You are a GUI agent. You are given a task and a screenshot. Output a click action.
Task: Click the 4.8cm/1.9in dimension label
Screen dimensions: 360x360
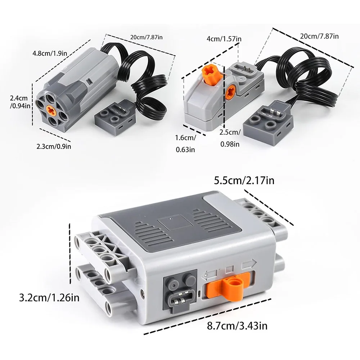(x=50, y=53)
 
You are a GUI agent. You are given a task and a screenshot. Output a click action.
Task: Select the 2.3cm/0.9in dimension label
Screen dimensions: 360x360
(x=54, y=146)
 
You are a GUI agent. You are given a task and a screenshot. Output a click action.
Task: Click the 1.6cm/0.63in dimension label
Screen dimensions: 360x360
(x=185, y=144)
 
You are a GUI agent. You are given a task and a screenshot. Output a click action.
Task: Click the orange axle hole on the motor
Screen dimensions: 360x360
(x=52, y=109)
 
